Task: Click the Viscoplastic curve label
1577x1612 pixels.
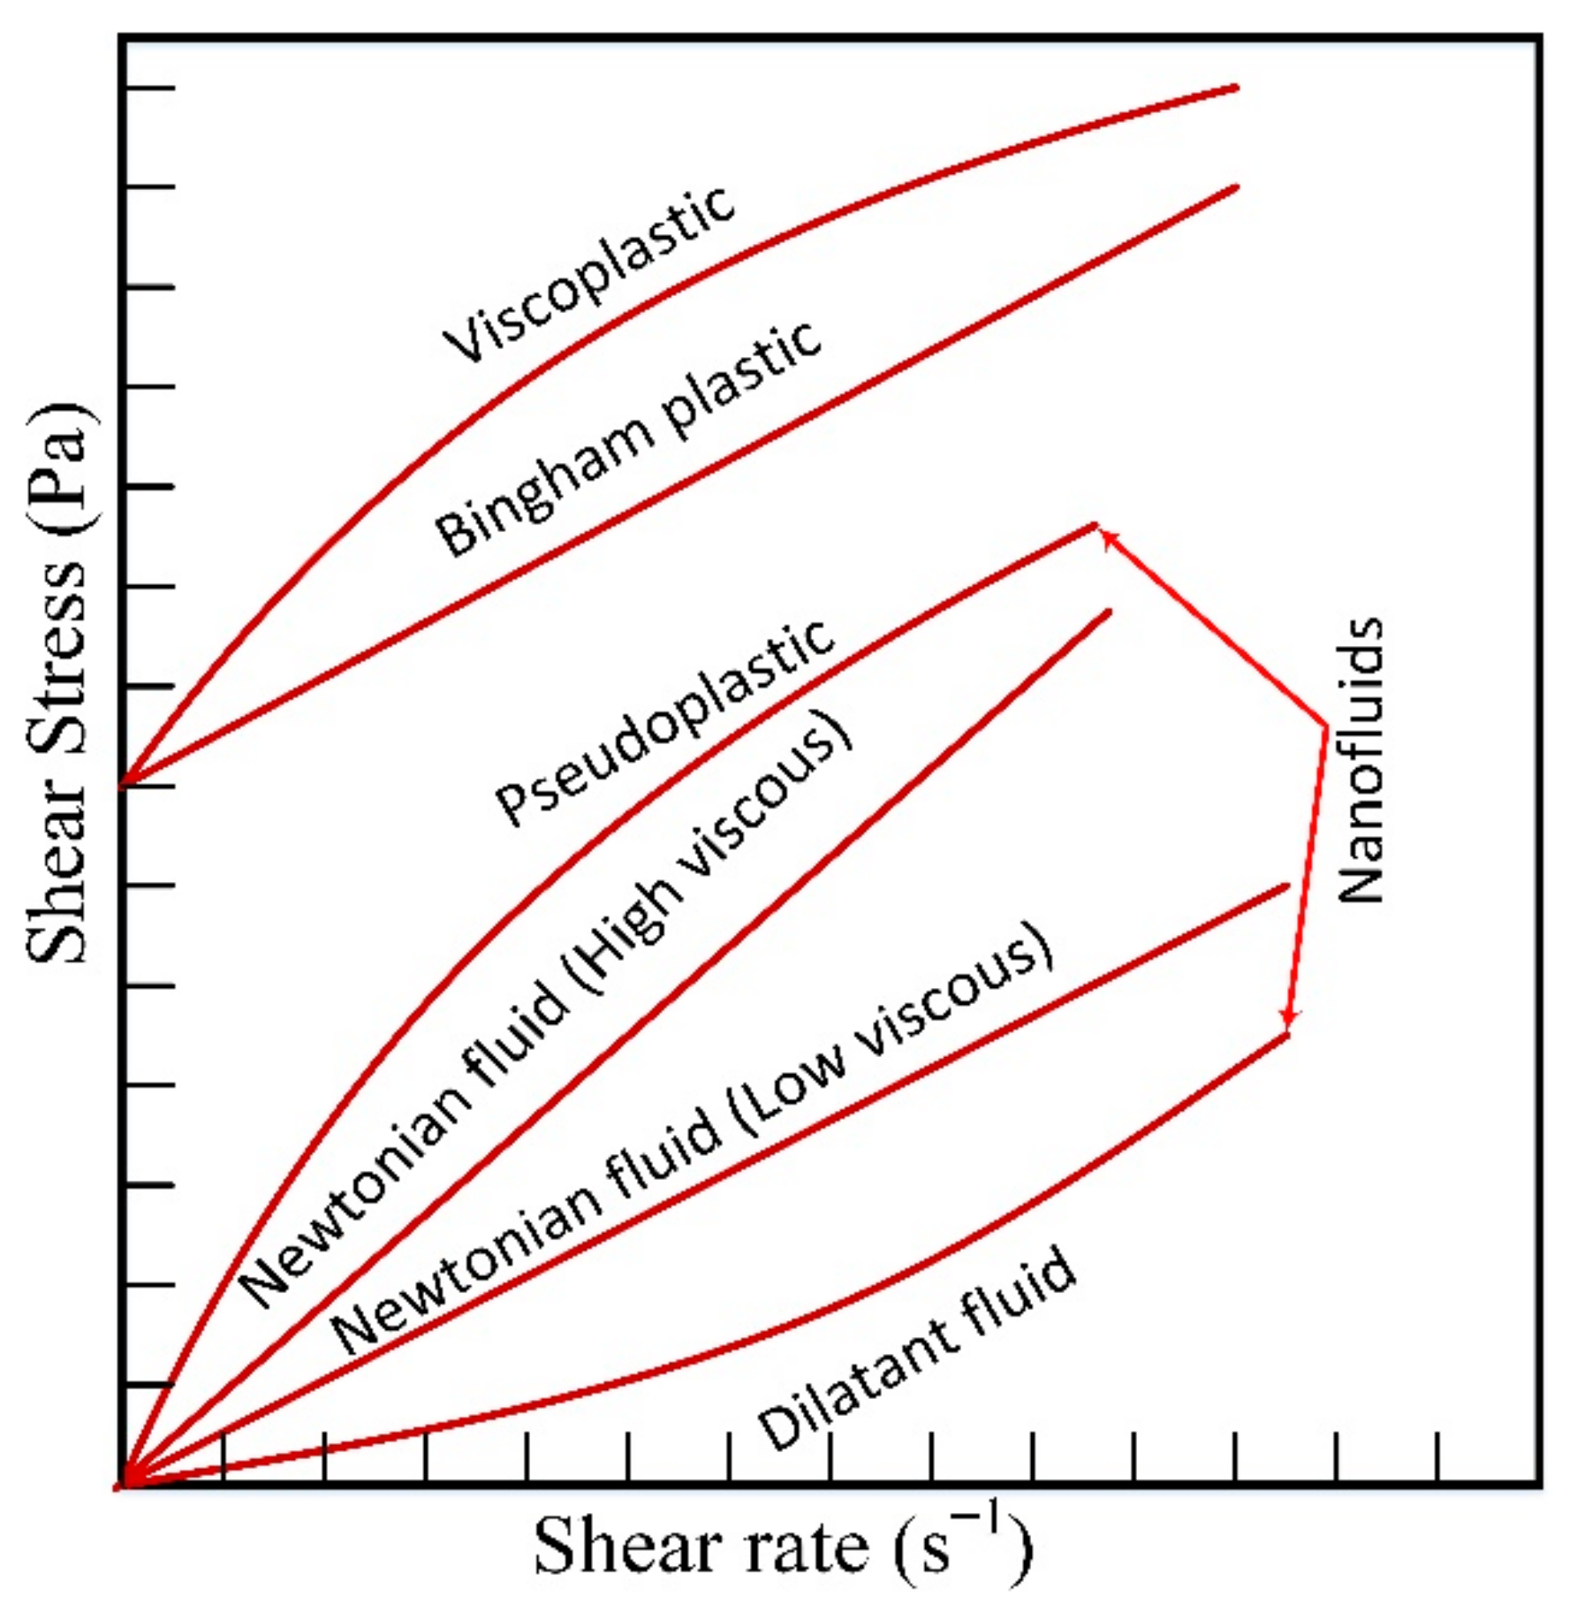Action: click(588, 275)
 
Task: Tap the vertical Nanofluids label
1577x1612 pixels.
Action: click(1360, 759)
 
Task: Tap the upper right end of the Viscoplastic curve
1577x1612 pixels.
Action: click(1236, 87)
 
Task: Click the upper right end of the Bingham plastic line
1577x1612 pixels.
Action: click(1236, 187)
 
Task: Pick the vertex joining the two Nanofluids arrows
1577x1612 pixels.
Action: click(1325, 726)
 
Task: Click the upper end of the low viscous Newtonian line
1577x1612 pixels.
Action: click(1287, 885)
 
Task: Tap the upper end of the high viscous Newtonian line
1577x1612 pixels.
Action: click(1109, 611)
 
